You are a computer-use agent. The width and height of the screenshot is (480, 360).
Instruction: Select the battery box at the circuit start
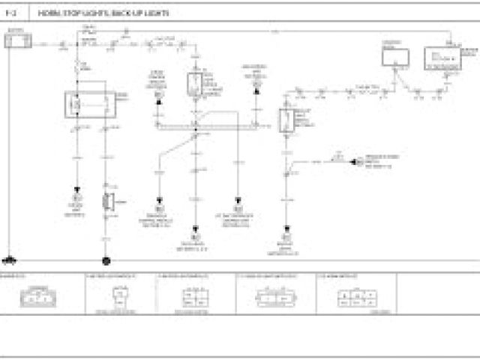tap(16, 39)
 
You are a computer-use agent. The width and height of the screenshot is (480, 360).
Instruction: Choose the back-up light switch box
tap(286, 121)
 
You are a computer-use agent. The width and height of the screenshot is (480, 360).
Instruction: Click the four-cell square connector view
tap(193, 298)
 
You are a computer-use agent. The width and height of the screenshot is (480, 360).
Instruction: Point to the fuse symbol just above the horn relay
tap(79, 67)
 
